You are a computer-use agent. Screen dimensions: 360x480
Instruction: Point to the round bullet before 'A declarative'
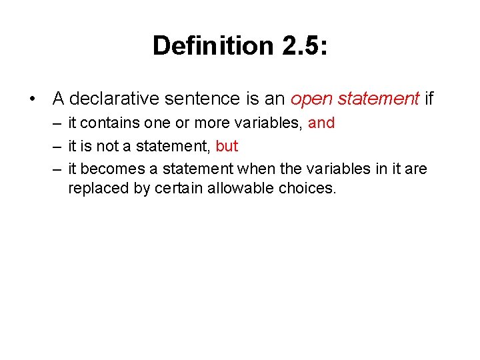pos(33,99)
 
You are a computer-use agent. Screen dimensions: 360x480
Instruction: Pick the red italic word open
pos(311,99)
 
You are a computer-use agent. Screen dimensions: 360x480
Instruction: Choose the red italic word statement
pos(377,99)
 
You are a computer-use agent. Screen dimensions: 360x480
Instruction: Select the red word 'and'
pos(321,123)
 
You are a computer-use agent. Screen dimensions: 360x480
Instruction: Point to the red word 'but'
pos(227,146)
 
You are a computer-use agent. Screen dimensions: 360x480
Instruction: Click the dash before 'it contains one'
pos(59,123)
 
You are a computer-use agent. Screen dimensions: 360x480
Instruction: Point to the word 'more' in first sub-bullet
pos(213,123)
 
